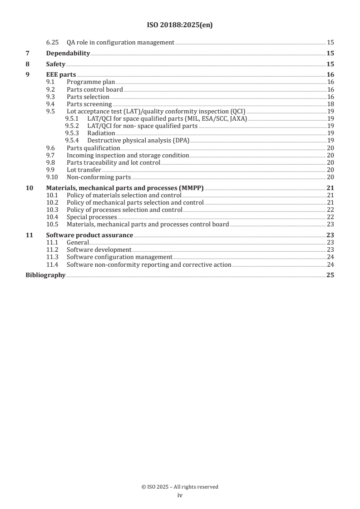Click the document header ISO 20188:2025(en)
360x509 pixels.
(x=180, y=25)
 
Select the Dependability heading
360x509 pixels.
(x=68, y=54)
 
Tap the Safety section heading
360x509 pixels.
(x=56, y=64)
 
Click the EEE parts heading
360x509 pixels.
(x=61, y=75)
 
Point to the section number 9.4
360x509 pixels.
(x=51, y=104)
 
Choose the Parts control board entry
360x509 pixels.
(x=94, y=89)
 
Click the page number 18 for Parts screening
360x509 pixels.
(x=330, y=104)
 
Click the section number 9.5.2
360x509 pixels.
(x=72, y=126)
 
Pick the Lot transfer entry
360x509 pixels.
(x=84, y=170)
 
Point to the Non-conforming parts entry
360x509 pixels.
(x=99, y=177)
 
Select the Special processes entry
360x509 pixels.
(x=92, y=217)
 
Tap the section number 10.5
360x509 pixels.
(x=53, y=224)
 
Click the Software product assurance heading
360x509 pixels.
(x=90, y=235)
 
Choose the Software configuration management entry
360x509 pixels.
(x=119, y=257)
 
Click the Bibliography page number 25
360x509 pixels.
(x=330, y=275)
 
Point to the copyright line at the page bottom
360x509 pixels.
(x=180, y=487)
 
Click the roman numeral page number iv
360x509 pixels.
(x=180, y=495)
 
